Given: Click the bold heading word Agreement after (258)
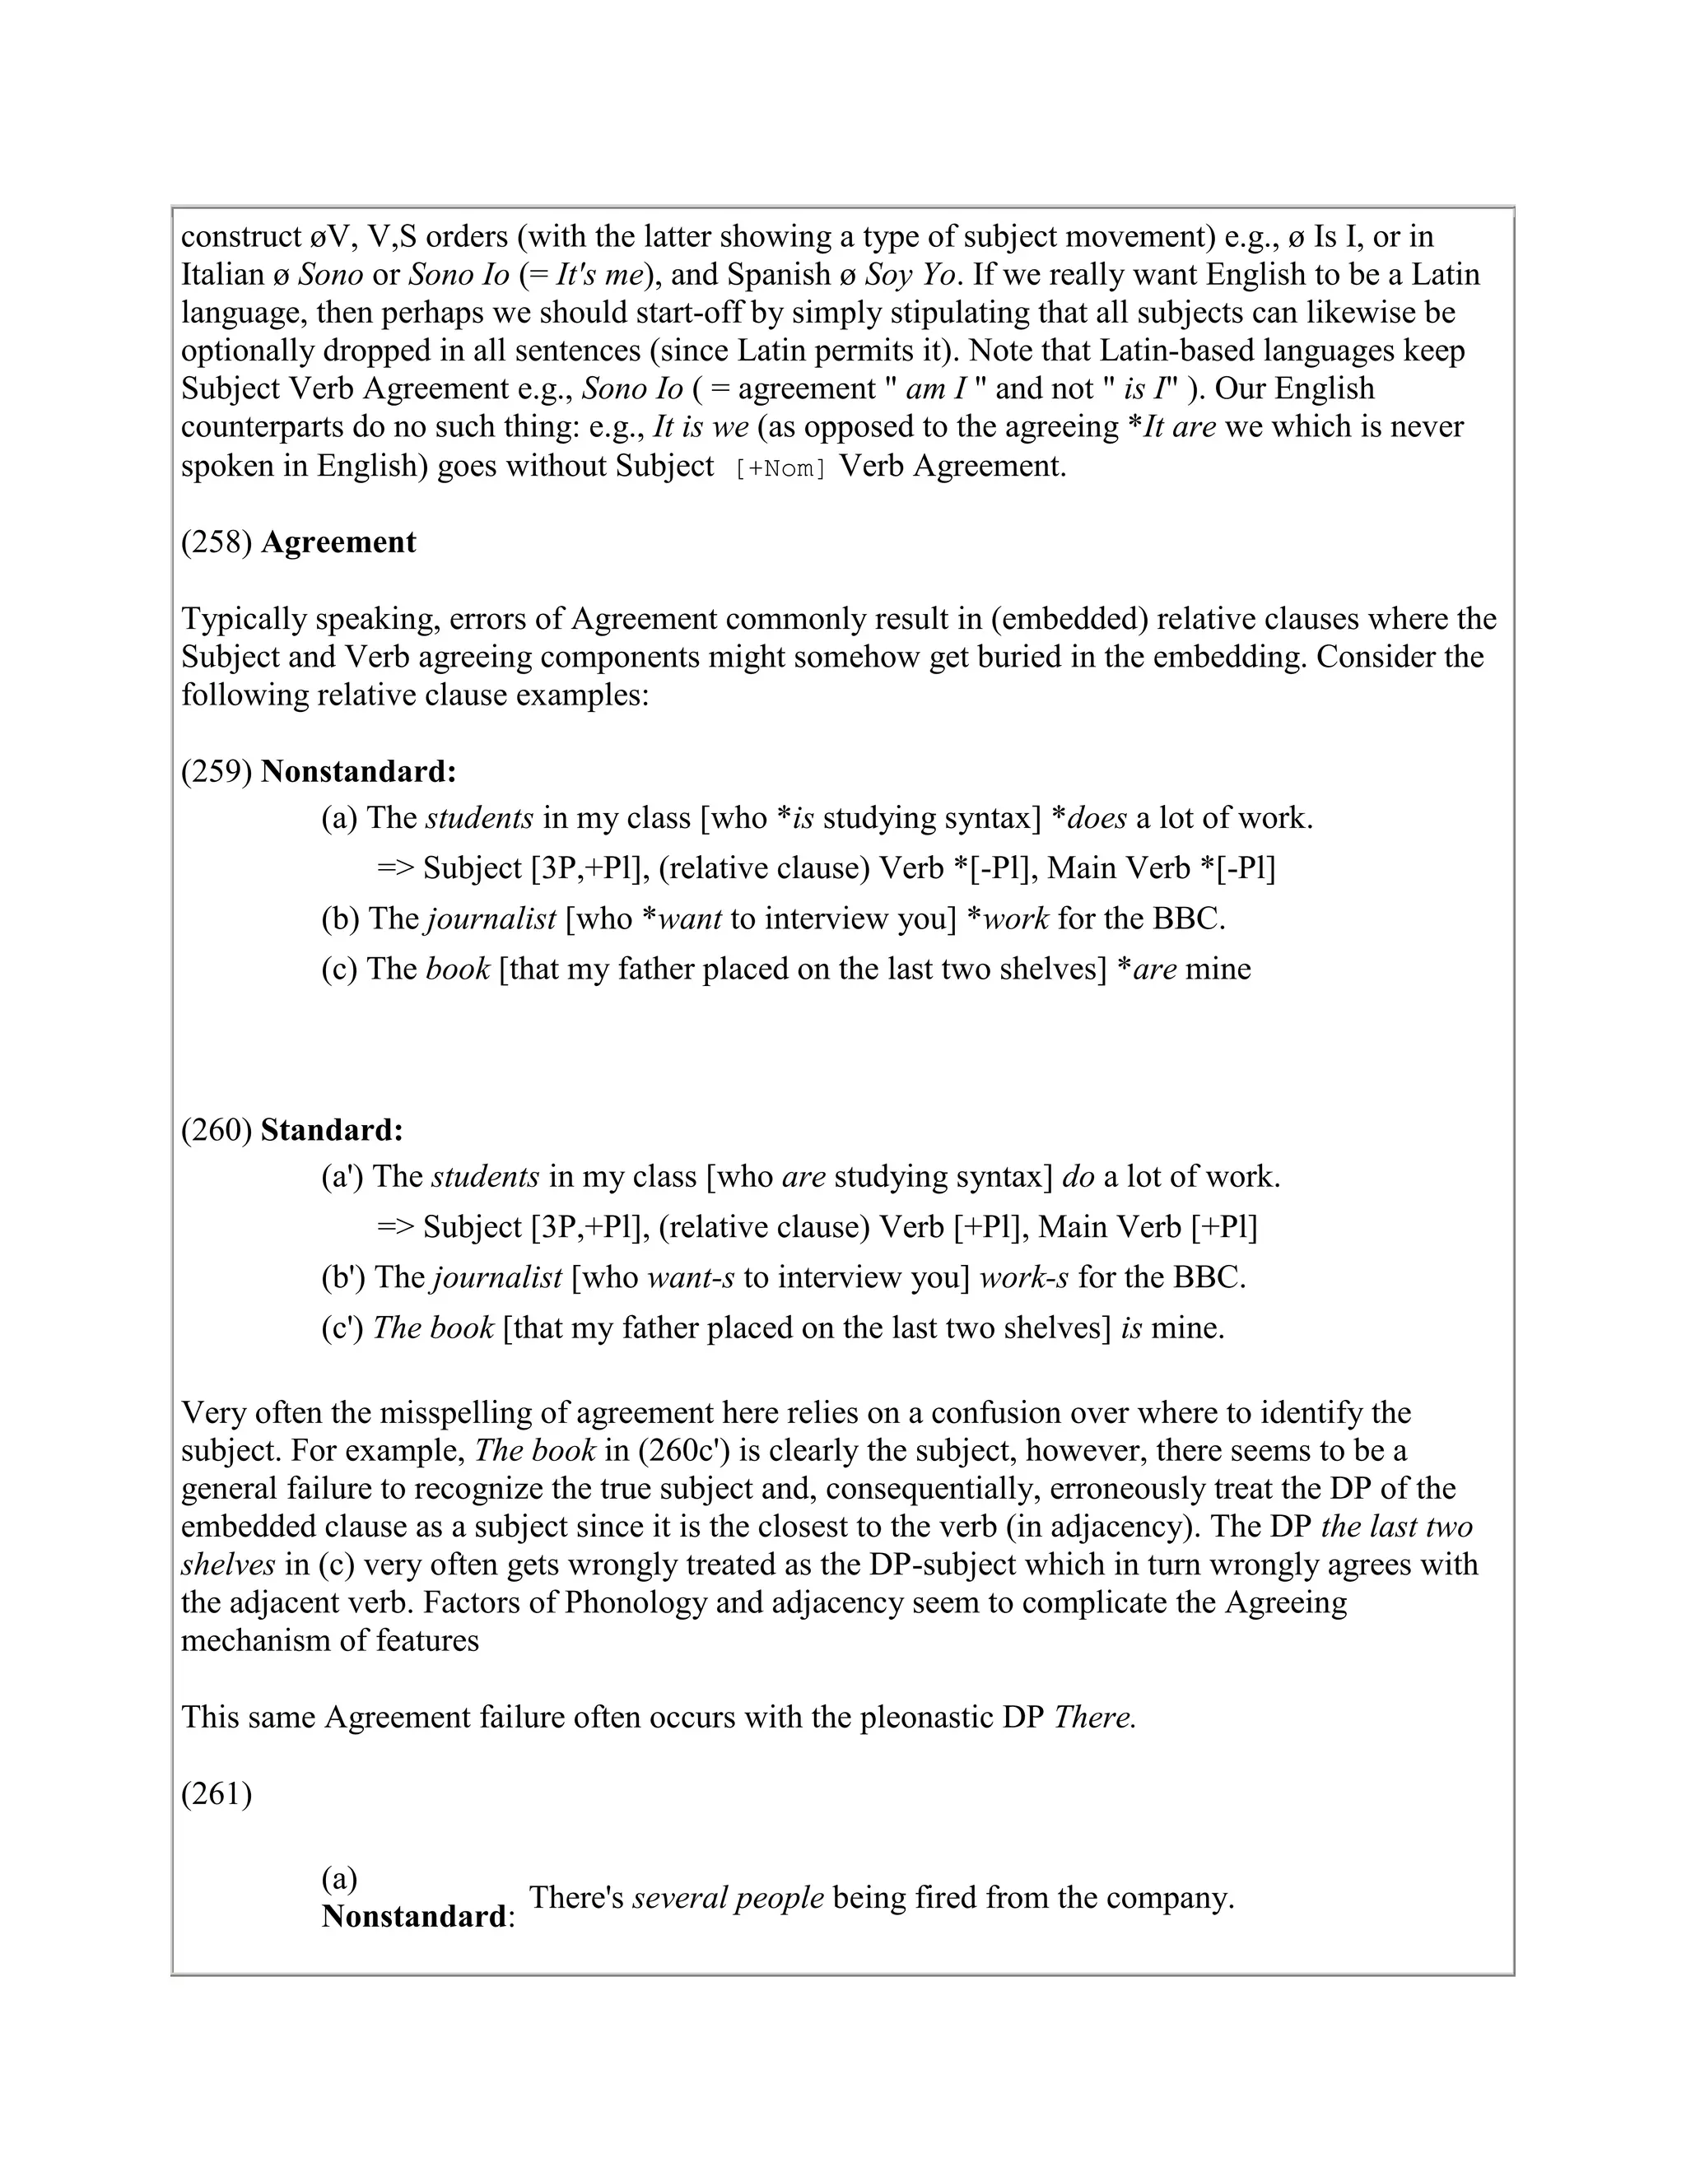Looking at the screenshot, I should (338, 542).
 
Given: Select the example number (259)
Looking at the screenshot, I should (216, 772).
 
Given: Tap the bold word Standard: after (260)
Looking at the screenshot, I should (332, 1131).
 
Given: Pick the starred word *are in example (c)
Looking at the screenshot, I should (1146, 969).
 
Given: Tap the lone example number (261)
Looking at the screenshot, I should (216, 1794).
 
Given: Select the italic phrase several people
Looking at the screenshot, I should (728, 1897).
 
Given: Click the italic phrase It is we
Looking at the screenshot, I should (701, 427).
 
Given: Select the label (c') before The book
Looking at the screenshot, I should (342, 1328).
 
